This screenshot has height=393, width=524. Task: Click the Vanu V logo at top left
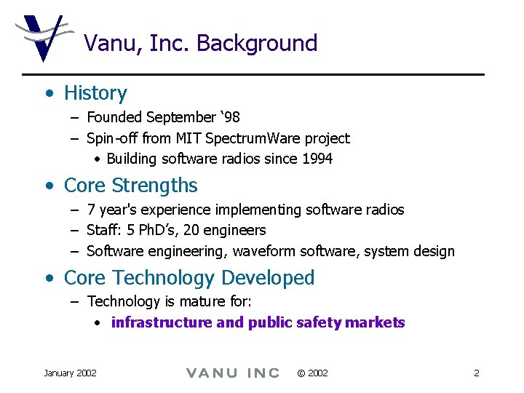point(42,37)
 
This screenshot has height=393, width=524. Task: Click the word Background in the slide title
point(257,44)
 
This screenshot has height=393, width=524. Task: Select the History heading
point(95,93)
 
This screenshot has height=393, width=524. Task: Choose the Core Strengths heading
point(131,186)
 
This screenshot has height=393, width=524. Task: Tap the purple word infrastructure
point(162,322)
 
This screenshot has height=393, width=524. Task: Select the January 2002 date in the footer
point(70,373)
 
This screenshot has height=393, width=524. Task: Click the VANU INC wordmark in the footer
point(233,373)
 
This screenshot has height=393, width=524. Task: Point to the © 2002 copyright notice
point(312,373)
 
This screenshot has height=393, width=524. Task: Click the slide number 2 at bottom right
point(476,373)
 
